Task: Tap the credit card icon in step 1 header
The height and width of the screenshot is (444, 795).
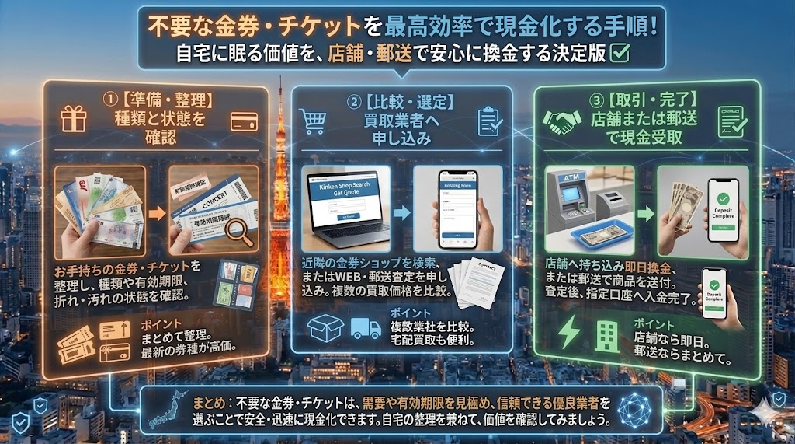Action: (243, 121)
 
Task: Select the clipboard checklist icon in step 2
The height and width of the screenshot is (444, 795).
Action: (489, 121)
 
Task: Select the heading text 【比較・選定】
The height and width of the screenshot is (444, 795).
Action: (408, 101)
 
